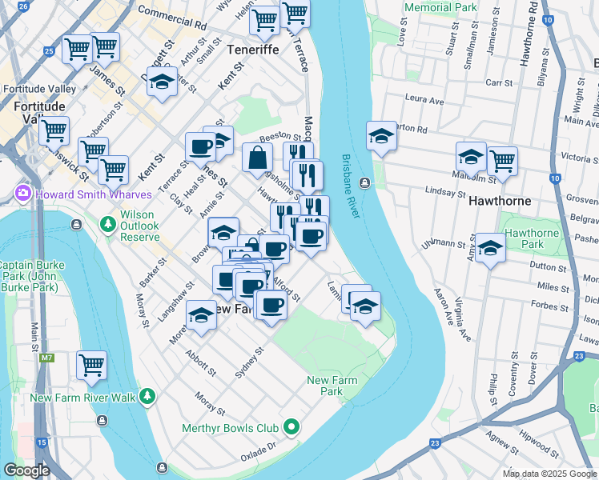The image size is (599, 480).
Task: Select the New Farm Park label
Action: click(331, 386)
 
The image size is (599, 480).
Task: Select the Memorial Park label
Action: click(440, 7)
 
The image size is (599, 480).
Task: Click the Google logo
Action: click(26, 470)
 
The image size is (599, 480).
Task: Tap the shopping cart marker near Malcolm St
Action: click(502, 160)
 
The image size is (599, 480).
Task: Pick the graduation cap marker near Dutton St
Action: click(490, 250)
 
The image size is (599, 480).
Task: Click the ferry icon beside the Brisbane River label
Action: click(365, 182)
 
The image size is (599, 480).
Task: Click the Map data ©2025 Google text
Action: click(549, 474)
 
